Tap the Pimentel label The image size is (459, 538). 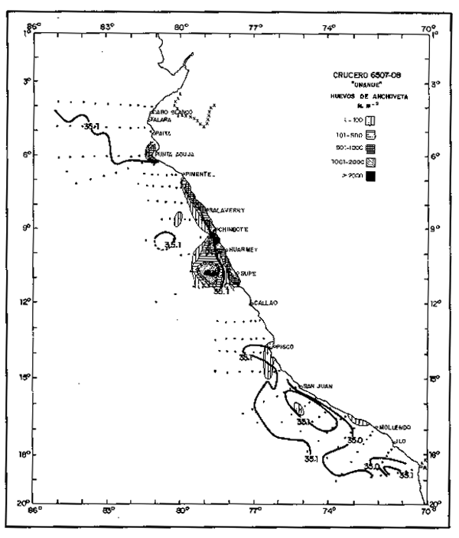(x=200, y=174)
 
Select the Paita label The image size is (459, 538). (x=161, y=132)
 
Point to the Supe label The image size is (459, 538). (x=249, y=272)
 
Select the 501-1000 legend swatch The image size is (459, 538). (x=370, y=147)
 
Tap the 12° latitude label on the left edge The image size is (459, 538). (x=28, y=301)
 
